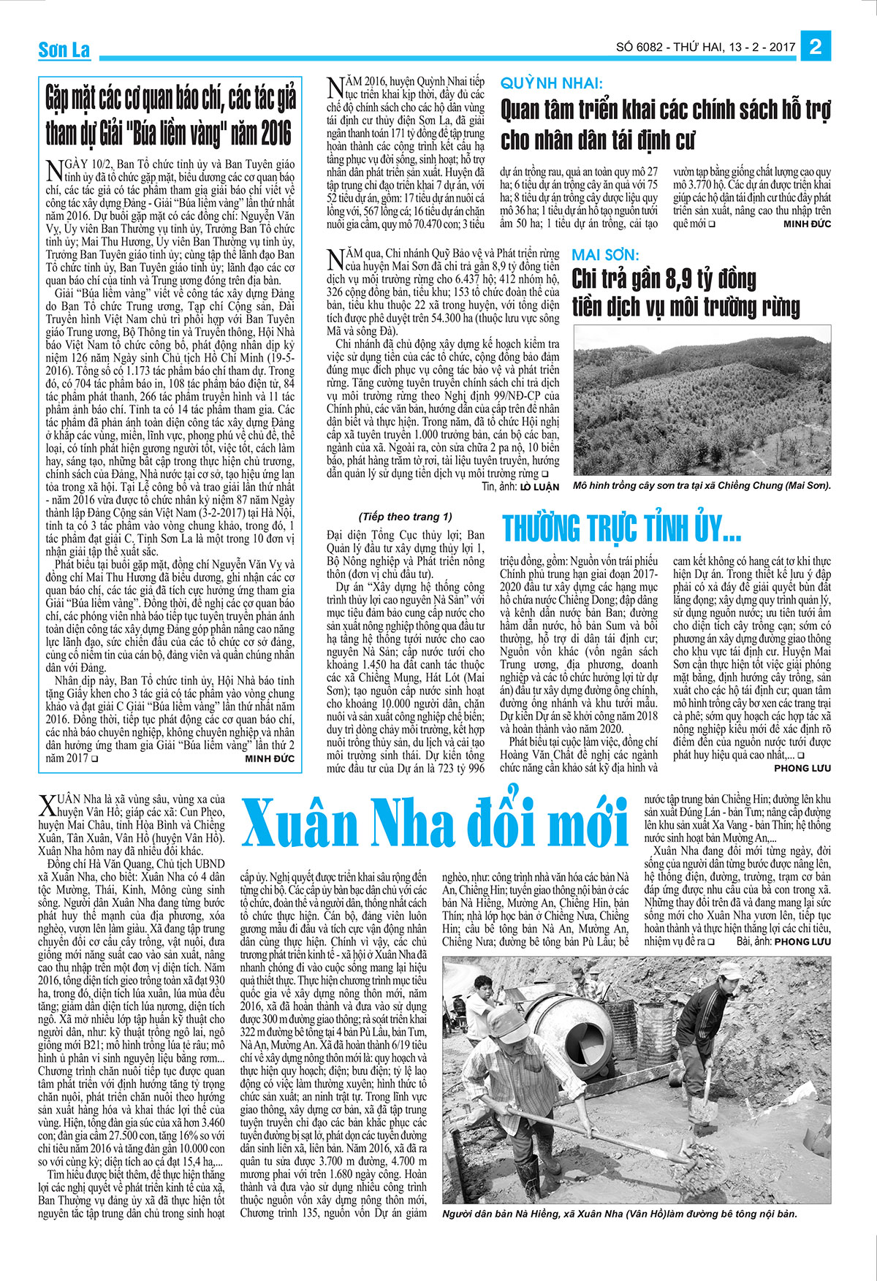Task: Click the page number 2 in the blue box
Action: (x=816, y=47)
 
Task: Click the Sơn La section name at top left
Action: (x=64, y=50)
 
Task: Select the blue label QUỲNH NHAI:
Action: (x=552, y=83)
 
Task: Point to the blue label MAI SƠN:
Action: (x=605, y=255)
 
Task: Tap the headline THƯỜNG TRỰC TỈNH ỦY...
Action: (x=621, y=528)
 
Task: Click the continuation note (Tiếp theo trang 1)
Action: (x=406, y=517)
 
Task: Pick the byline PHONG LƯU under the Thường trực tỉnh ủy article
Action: (x=802, y=768)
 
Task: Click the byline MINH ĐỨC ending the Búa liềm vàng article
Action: (x=270, y=759)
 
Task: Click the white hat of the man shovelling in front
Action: (x=506, y=1017)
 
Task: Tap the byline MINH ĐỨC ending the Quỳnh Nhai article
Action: (x=807, y=224)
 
